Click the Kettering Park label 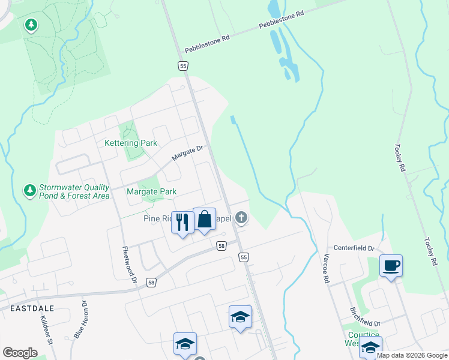pos(131,143)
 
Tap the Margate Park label pos(151,192)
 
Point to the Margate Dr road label pos(188,153)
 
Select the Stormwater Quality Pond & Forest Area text pos(74,191)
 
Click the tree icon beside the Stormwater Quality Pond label pos(29,191)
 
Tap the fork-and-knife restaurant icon pos(181,221)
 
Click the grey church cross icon pos(241,218)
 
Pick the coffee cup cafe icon pos(390,265)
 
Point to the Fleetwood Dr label pos(130,266)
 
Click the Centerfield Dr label pos(354,248)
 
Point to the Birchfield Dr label pos(364,316)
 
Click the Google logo pos(20,352)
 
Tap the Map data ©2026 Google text pos(412,355)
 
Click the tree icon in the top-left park pos(31,25)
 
